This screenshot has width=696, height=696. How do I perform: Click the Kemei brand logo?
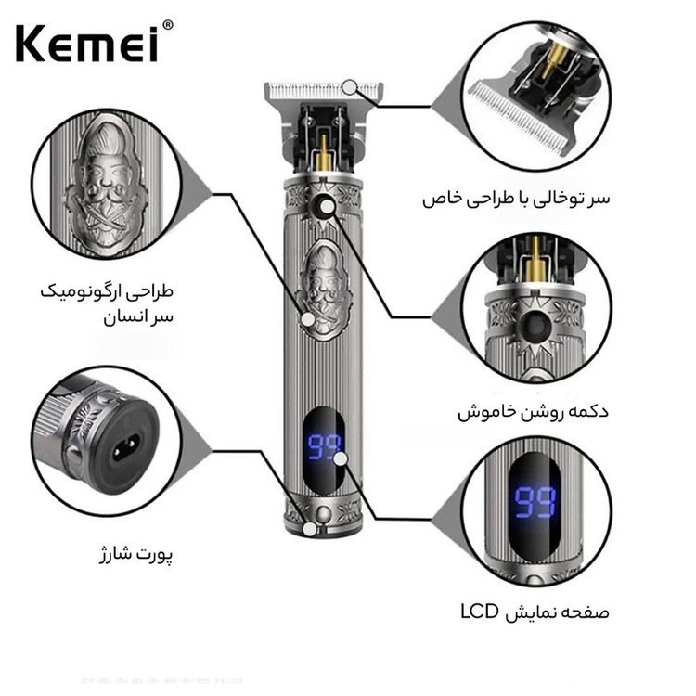click(x=87, y=44)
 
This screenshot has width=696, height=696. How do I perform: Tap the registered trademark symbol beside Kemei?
click(x=167, y=25)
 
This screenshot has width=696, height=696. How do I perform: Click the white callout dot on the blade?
click(x=350, y=87)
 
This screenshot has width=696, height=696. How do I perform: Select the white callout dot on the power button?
click(x=328, y=206)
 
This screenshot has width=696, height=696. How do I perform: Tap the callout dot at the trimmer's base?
click(x=310, y=529)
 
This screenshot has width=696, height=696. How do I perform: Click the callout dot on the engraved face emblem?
click(x=307, y=319)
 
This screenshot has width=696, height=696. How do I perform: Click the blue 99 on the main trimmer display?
click(x=325, y=447)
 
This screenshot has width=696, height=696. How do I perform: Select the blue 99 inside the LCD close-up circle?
click(x=535, y=502)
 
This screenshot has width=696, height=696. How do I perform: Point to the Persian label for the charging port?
click(x=135, y=555)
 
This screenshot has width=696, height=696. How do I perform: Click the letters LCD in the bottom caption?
click(x=480, y=612)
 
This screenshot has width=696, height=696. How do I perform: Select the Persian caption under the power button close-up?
click(x=533, y=411)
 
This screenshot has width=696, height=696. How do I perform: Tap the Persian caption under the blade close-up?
click(x=516, y=199)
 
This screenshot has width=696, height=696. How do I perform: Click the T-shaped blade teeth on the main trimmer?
click(x=324, y=91)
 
